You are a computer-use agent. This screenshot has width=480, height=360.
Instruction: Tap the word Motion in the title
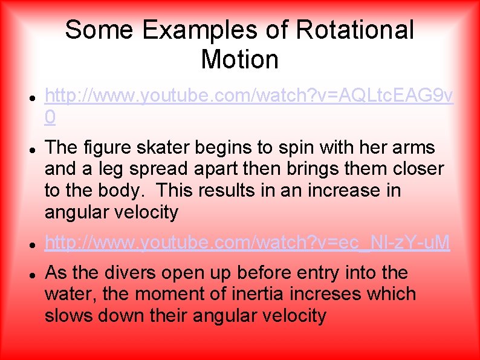[239, 59]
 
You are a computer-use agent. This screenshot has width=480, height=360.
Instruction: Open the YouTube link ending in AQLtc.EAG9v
[248, 96]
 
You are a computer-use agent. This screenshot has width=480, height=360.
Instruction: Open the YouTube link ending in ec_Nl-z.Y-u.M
[247, 243]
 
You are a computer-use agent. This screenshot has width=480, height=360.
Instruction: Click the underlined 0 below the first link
[50, 117]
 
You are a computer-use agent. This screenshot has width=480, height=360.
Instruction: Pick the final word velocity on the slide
[291, 315]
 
